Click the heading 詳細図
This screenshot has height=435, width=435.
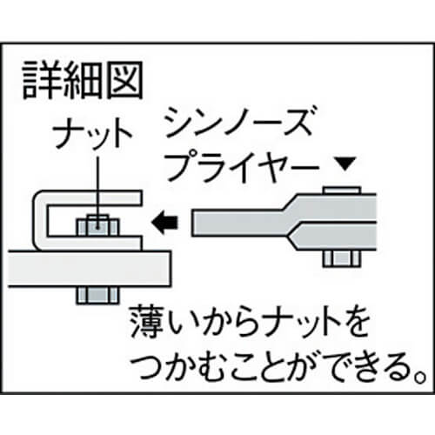(x=83, y=80)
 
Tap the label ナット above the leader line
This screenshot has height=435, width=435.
(x=92, y=133)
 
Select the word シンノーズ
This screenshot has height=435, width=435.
(x=239, y=122)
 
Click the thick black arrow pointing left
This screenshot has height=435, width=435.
(x=164, y=223)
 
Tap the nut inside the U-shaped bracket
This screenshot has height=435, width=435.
(x=98, y=225)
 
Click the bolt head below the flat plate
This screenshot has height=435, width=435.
(x=98, y=295)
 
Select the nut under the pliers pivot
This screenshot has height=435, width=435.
(x=342, y=258)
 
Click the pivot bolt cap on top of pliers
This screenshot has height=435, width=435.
(x=342, y=190)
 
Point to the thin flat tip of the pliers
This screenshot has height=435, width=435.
(x=237, y=223)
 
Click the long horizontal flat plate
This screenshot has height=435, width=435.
(x=90, y=269)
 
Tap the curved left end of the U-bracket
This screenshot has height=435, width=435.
(x=40, y=220)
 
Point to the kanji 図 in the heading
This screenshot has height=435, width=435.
(x=124, y=80)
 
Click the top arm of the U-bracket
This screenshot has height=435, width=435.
(x=90, y=197)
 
